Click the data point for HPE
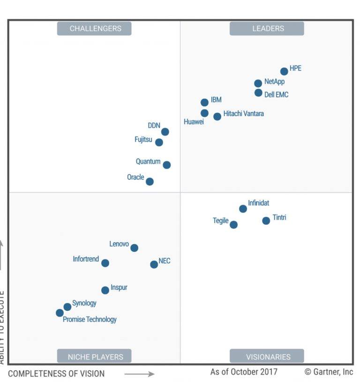coord(284,72)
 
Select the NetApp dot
coord(258,83)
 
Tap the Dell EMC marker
coord(258,93)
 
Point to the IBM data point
coord(204,103)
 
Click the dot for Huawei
coord(204,113)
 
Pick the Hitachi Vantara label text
coord(243,114)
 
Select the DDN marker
coord(165,132)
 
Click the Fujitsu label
coord(143,140)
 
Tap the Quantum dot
coord(166,165)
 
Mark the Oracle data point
coord(150,182)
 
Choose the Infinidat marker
coord(243,209)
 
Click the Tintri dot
coord(266,220)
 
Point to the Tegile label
coord(220,220)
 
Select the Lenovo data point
coord(134,248)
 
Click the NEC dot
coord(154,264)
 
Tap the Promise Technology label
coord(90,320)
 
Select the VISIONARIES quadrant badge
coord(267,356)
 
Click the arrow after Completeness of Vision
coord(139,374)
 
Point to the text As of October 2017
coord(244,372)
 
